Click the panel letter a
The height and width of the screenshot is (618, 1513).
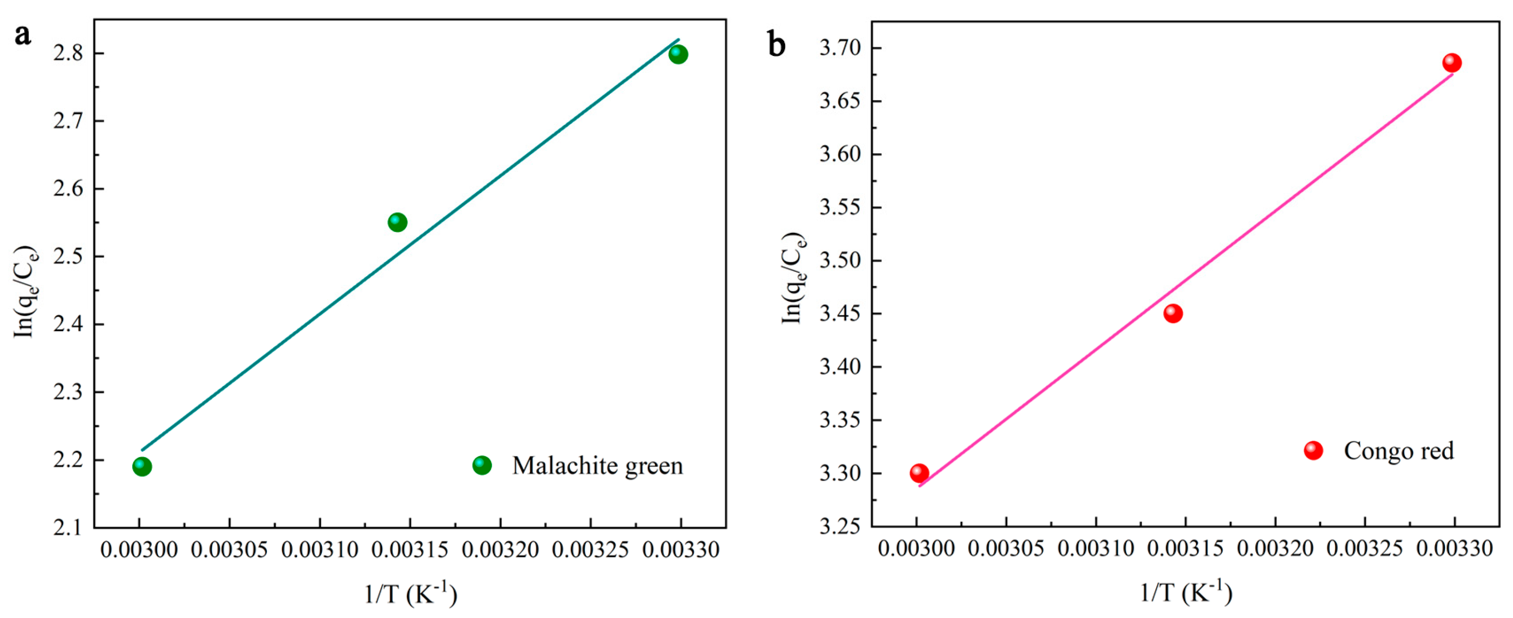[22, 36]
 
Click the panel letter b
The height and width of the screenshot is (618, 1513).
[776, 45]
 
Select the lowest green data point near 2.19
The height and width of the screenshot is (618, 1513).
[141, 466]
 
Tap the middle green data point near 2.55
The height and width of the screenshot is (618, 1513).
[398, 222]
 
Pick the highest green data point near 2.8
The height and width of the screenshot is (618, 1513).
[678, 54]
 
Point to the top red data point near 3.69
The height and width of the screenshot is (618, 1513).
[1452, 63]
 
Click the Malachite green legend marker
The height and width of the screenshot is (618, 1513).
[482, 465]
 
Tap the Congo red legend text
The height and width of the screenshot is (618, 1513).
[1398, 451]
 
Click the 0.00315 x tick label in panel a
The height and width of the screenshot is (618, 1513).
[410, 550]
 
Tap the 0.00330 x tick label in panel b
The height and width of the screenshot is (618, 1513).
[1454, 548]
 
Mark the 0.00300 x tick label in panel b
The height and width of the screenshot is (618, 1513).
[916, 548]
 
